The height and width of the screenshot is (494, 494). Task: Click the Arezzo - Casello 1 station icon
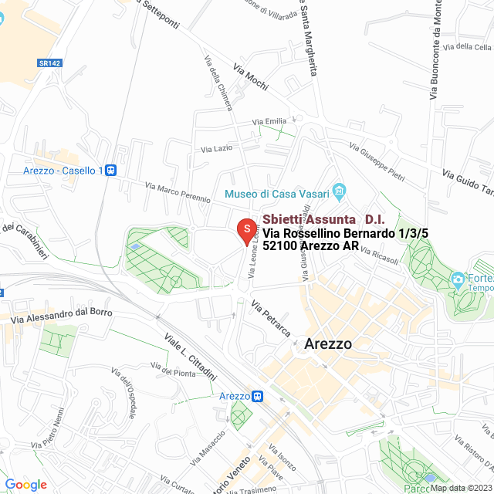[x=111, y=170]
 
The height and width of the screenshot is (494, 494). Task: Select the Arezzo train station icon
[x=257, y=396]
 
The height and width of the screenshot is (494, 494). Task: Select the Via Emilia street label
[x=269, y=121]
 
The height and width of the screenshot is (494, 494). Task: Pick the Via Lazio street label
[x=216, y=147]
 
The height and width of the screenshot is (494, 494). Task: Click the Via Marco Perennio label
[x=178, y=192]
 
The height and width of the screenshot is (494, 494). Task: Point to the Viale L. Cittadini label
[x=189, y=356]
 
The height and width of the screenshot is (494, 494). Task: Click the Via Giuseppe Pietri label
[x=377, y=158]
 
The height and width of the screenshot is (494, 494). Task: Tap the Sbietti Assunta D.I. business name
[x=323, y=219]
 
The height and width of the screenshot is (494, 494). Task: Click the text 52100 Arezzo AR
[x=310, y=246]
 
